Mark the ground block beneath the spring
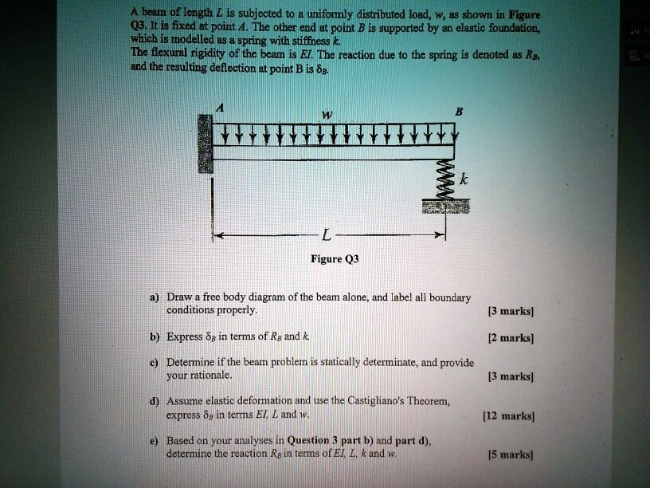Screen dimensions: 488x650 coord(446,207)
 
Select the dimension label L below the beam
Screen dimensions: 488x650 coord(326,237)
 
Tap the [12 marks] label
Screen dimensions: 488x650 coord(507,415)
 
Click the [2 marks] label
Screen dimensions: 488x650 coord(510,337)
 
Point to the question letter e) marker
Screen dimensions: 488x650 coord(150,440)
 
